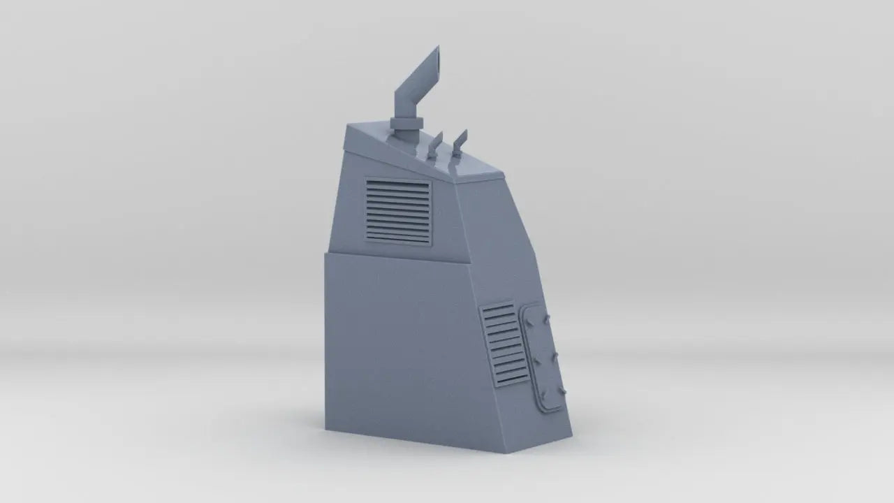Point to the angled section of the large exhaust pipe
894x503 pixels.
(417, 81)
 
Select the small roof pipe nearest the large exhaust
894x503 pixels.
(434, 146)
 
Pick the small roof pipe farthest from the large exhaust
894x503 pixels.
(458, 143)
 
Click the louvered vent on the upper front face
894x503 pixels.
(398, 211)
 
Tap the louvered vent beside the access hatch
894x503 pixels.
(505, 344)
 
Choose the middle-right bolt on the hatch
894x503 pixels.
(552, 358)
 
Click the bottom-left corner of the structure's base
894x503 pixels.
(326, 428)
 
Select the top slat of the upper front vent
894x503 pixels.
(398, 184)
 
